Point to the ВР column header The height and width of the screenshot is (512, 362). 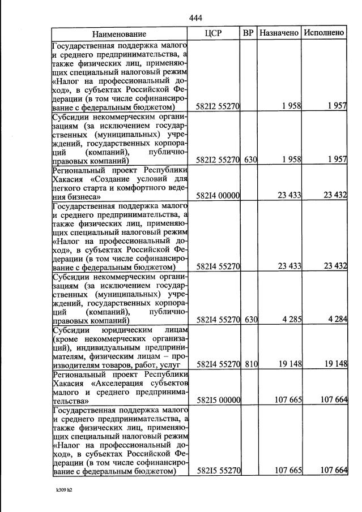pyautogui.click(x=248, y=33)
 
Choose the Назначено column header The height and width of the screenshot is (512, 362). pyautogui.click(x=279, y=33)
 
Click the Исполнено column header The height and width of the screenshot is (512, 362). pyautogui.click(x=323, y=33)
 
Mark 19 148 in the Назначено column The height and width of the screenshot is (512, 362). pyautogui.click(x=288, y=364)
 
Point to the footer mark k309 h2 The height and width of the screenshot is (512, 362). pyautogui.click(x=63, y=490)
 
